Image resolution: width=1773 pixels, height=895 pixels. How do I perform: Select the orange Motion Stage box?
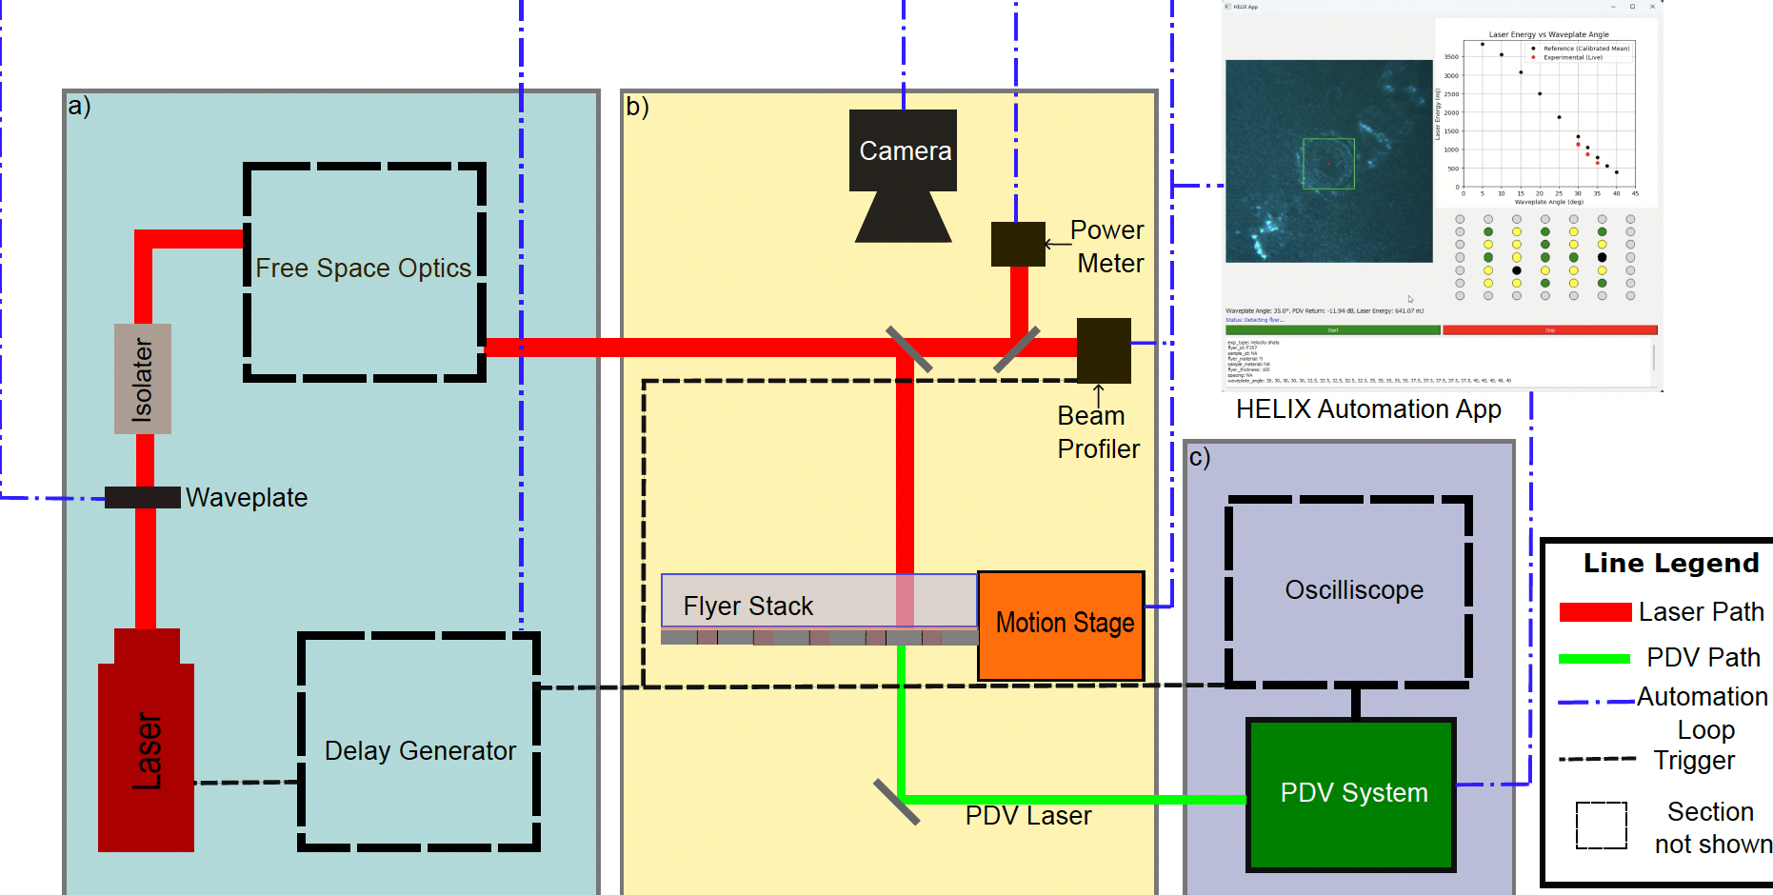click(x=1061, y=626)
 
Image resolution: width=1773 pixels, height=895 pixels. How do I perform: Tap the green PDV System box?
click(x=1351, y=794)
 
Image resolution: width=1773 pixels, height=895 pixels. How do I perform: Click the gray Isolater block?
click(x=143, y=379)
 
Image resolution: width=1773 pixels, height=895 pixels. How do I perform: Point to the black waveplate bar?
click(x=143, y=497)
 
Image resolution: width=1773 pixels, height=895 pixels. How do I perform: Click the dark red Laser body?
click(x=146, y=752)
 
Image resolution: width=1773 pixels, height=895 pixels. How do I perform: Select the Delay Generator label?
click(x=420, y=751)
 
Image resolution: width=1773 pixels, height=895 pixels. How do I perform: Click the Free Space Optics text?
click(x=363, y=268)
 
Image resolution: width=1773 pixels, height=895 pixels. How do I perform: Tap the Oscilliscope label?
click(x=1353, y=590)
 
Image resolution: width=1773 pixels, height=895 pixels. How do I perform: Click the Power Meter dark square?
click(x=1018, y=244)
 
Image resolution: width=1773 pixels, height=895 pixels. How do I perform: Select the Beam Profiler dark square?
click(x=1104, y=350)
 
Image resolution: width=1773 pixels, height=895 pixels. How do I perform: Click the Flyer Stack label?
click(x=747, y=607)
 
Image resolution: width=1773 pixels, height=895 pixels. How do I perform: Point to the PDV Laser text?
click(x=1027, y=816)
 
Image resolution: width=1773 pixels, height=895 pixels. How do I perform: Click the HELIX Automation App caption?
click(x=1368, y=409)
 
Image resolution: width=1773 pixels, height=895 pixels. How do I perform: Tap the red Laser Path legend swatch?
click(x=1595, y=612)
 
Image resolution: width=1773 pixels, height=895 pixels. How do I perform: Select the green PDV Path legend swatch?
click(x=1594, y=659)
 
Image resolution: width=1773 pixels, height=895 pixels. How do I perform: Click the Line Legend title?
click(x=1670, y=564)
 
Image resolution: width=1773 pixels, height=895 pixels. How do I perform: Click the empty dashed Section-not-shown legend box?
click(x=1601, y=825)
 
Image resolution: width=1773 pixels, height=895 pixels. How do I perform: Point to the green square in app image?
click(x=1328, y=163)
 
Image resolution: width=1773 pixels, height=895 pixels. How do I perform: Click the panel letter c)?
click(x=1199, y=458)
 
